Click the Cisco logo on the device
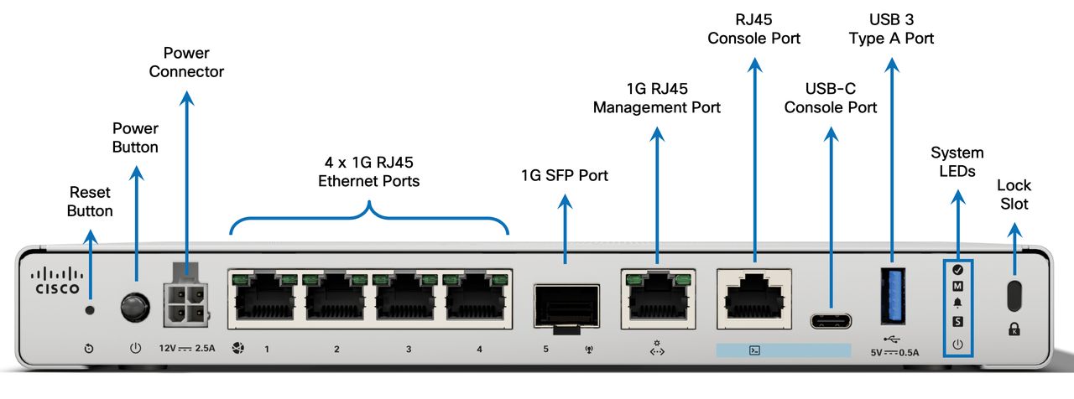tap(57, 282)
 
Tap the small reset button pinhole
tap(91, 309)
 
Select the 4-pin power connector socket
tap(186, 301)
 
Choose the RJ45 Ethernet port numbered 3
tap(407, 298)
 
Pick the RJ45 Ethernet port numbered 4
tap(477, 298)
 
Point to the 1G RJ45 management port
tap(658, 298)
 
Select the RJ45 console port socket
tap(753, 298)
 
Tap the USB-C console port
tap(831, 321)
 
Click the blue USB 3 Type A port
tap(891, 295)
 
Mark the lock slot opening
tap(1014, 295)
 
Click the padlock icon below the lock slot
tap(1014, 329)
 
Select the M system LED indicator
tap(958, 286)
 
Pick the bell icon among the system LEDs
tap(958, 303)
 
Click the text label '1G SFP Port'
tap(565, 176)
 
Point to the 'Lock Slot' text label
tap(1014, 194)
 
